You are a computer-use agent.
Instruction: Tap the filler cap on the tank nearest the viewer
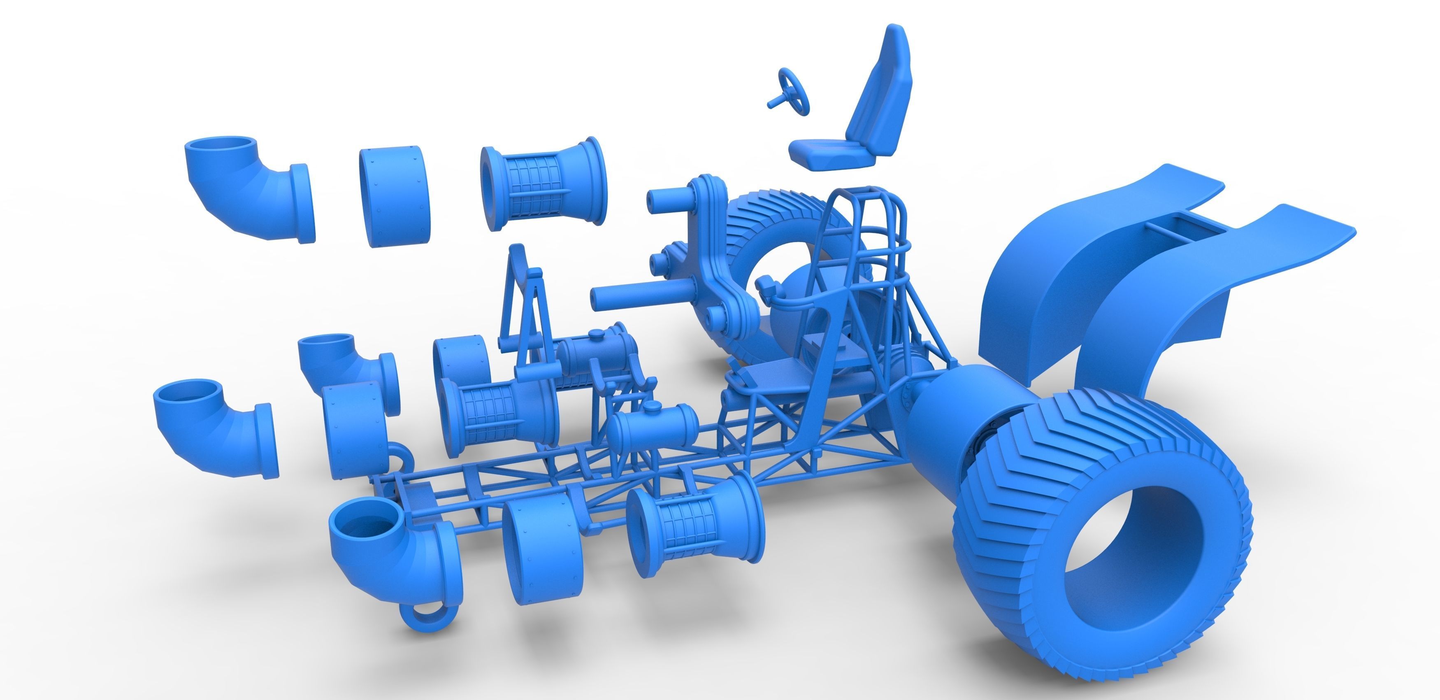(x=651, y=407)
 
